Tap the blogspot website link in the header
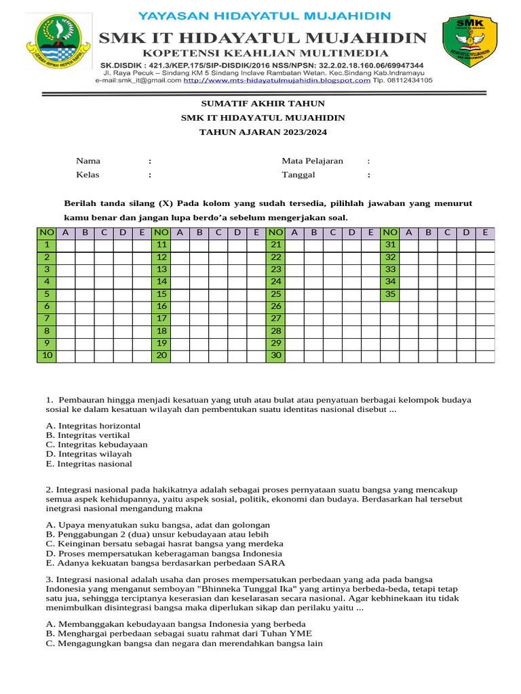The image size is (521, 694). coord(277,80)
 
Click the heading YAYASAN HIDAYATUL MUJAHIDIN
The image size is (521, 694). coord(264,16)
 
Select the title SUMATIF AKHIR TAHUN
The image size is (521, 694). coord(263,104)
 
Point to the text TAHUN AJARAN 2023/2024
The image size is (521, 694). coord(263,132)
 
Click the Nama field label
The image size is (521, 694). coord(88,161)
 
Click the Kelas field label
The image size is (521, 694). coord(88,174)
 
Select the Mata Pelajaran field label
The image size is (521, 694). coord(312,161)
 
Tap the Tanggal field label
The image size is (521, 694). coord(298,174)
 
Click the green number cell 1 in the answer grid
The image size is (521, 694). coord(46,245)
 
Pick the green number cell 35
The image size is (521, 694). coord(390,294)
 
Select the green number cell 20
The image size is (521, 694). coord(161,356)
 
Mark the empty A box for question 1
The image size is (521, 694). coord(65,245)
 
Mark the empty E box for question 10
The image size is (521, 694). coord(142,356)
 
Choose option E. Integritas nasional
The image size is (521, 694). coord(89,464)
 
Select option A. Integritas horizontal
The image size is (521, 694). coord(93,426)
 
